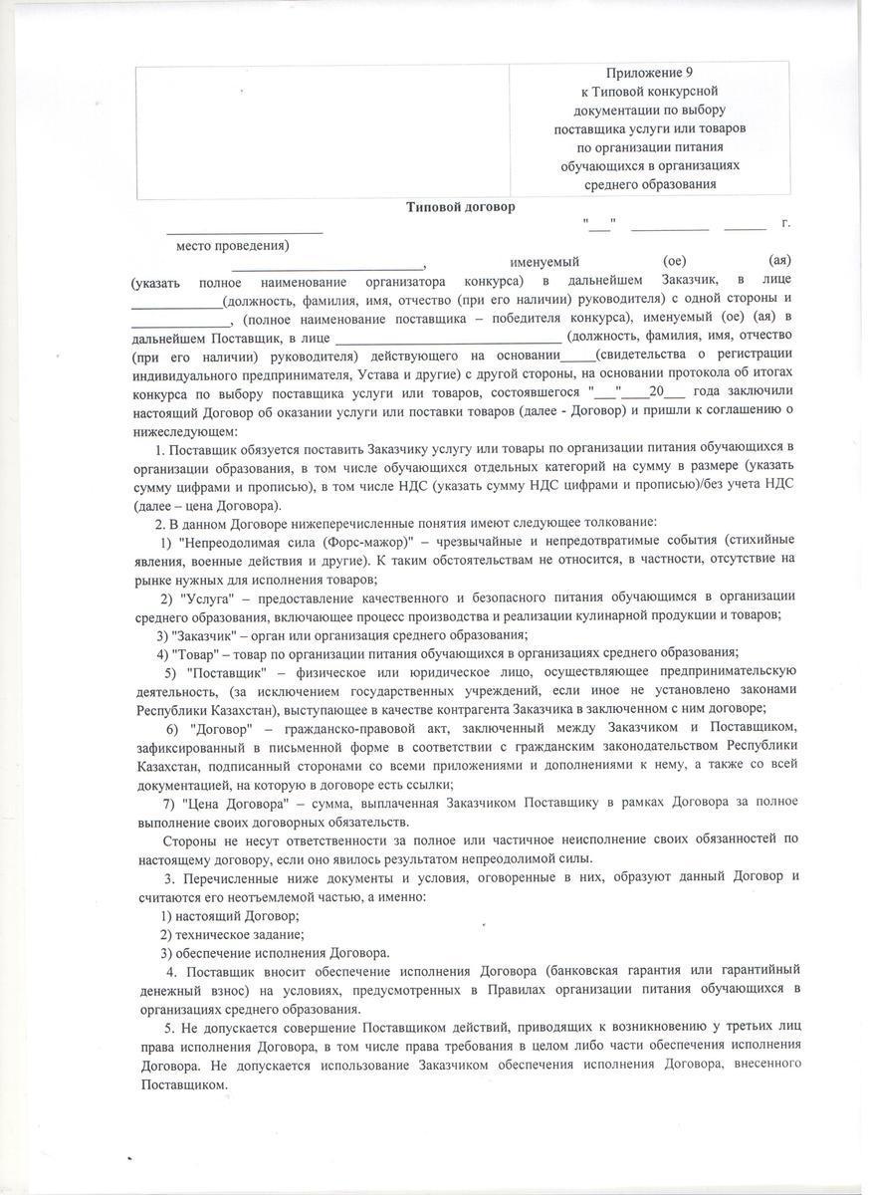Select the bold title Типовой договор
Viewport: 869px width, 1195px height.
pos(460,207)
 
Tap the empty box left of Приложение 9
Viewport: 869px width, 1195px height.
pos(323,129)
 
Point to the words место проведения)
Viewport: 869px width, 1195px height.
pos(233,245)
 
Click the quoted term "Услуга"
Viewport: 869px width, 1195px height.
pos(206,597)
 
